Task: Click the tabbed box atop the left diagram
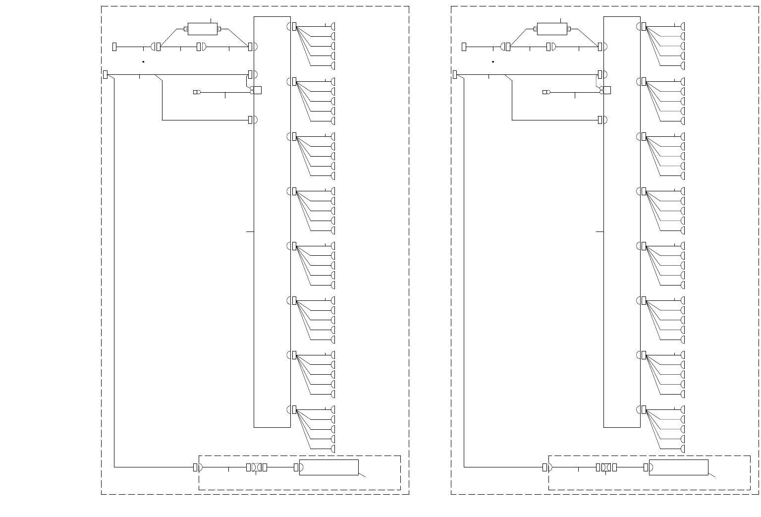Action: (203, 29)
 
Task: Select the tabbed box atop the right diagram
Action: (552, 29)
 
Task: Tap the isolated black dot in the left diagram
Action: (143, 62)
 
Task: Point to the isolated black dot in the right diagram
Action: (493, 62)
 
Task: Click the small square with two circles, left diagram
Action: (257, 90)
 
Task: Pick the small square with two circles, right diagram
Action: (606, 90)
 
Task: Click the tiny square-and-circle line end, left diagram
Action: (196, 92)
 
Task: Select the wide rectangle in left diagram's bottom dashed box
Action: (328, 467)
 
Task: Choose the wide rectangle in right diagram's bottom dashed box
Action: (678, 467)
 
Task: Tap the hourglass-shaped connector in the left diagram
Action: (256, 467)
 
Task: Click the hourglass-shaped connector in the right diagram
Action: (605, 467)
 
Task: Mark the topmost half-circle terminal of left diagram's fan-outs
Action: (333, 26)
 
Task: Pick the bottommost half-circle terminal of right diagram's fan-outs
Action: (683, 449)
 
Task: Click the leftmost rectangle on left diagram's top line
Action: (114, 47)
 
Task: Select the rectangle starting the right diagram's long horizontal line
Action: (455, 75)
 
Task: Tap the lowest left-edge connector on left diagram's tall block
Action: (250, 120)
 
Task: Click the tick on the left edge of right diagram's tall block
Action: (599, 231)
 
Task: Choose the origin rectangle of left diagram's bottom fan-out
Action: (294, 410)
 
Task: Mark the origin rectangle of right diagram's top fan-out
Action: (644, 26)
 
